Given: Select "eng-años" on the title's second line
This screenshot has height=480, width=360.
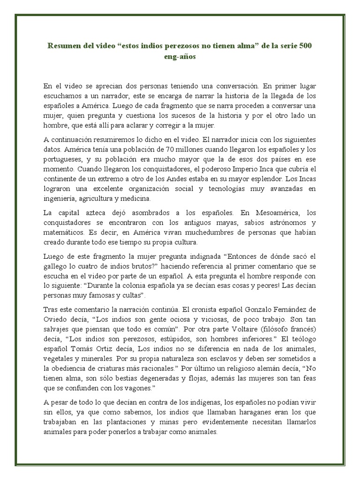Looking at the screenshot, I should click(180, 57).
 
